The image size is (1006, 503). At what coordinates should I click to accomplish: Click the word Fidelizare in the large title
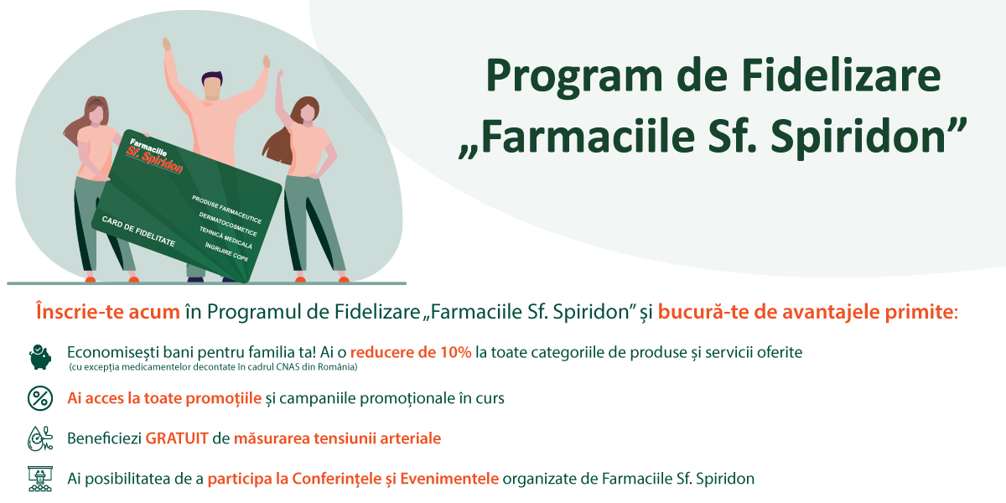841,75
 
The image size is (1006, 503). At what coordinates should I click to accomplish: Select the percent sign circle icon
40,398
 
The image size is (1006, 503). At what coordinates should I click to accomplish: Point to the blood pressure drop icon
40,438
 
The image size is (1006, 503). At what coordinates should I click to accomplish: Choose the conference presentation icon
40,479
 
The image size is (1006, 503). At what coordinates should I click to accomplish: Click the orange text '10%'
455,353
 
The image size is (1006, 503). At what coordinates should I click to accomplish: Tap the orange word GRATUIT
177,438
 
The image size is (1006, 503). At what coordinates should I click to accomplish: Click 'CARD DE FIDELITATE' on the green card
138,231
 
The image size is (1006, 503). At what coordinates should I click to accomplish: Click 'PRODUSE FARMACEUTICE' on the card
227,209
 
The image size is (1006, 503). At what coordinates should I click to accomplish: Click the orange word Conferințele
337,479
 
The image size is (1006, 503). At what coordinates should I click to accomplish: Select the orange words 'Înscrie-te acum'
108,312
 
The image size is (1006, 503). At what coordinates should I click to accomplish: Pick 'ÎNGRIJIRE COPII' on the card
226,252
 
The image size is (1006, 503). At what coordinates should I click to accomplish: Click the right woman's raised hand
280,75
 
